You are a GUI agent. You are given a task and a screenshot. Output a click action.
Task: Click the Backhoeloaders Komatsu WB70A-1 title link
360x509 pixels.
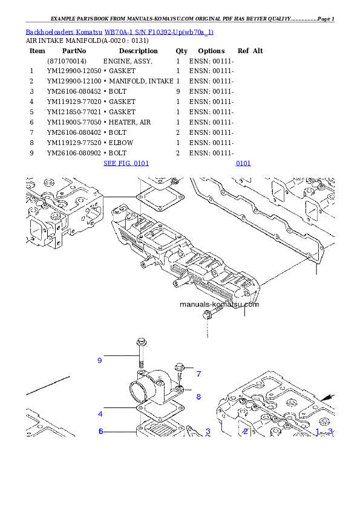pyautogui.click(x=119, y=31)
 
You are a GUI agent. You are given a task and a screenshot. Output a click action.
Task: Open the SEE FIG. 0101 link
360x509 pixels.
pyautogui.click(x=126, y=163)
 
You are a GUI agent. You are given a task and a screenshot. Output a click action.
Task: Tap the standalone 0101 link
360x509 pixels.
pyautogui.click(x=243, y=163)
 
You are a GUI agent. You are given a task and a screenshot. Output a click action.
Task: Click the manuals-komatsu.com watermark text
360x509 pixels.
pyautogui.click(x=219, y=304)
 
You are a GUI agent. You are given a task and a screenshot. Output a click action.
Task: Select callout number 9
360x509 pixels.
pyautogui.click(x=100, y=361)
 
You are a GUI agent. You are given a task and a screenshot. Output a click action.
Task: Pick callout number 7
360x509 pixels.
pyautogui.click(x=198, y=374)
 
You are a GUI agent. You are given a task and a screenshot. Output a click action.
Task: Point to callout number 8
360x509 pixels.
pyautogui.click(x=198, y=397)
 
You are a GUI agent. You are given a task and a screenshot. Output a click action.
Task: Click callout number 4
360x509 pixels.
pyautogui.click(x=100, y=414)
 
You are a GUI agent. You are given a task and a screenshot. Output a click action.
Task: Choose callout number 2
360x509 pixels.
pyautogui.click(x=246, y=431)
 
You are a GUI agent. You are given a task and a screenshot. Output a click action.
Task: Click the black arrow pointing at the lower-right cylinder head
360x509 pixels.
pyautogui.click(x=327, y=397)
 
